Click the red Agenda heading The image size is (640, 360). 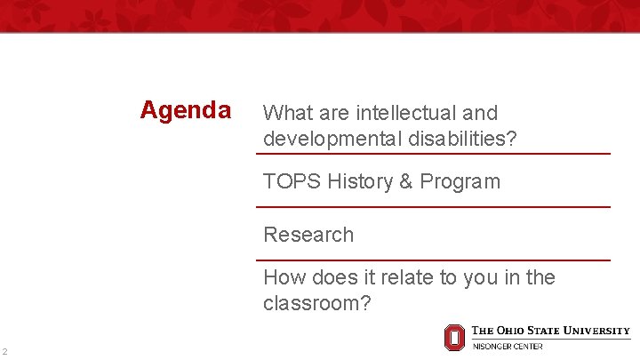(x=186, y=111)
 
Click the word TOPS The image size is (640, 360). (x=292, y=181)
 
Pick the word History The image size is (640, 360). (x=360, y=181)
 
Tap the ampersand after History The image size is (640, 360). (x=405, y=181)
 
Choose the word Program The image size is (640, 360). (x=460, y=181)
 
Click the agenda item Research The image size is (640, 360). (x=308, y=235)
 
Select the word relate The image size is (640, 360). (x=419, y=277)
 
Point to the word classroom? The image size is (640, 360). (x=316, y=303)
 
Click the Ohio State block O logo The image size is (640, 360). (x=454, y=337)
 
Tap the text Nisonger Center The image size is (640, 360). (x=508, y=346)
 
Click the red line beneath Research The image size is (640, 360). (x=433, y=260)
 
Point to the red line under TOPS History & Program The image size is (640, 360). (x=433, y=207)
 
